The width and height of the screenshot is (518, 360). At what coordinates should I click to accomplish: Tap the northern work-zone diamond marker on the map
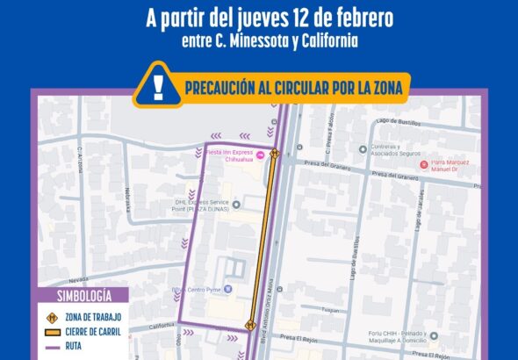click(275, 155)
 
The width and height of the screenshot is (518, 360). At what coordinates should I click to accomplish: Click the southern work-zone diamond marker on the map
click(250, 326)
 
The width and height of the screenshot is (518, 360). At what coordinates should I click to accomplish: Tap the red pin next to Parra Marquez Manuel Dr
click(423, 163)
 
